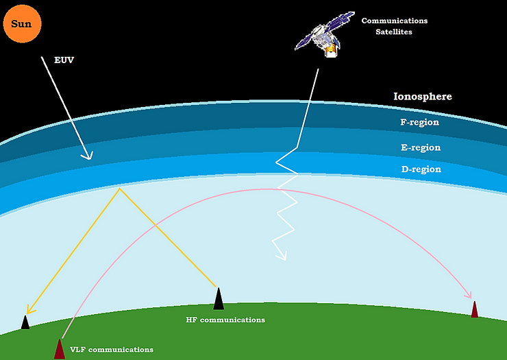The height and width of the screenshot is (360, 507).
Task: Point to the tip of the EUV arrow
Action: tap(88, 158)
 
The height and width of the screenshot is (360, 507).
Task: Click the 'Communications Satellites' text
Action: tap(394, 26)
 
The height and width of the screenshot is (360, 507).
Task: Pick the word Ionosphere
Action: tap(422, 97)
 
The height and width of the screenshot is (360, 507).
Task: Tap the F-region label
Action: tap(419, 123)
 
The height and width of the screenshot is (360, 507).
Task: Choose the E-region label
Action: tap(420, 147)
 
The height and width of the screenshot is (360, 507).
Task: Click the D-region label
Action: tap(420, 169)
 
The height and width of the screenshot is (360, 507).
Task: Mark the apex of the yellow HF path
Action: tap(120, 189)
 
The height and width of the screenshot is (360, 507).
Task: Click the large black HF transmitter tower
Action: tap(219, 299)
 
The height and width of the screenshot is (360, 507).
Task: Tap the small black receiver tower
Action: tap(25, 322)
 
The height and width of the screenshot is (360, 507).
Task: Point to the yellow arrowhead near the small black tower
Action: tap(28, 309)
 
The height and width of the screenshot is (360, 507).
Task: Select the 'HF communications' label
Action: tap(225, 320)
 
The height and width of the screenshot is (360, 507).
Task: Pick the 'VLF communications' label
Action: tap(111, 350)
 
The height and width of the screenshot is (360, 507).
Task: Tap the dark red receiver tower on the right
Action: tap(474, 309)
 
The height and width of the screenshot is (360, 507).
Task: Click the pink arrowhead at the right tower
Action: tap(470, 296)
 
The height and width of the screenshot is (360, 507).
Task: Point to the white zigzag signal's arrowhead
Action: tap(281, 258)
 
